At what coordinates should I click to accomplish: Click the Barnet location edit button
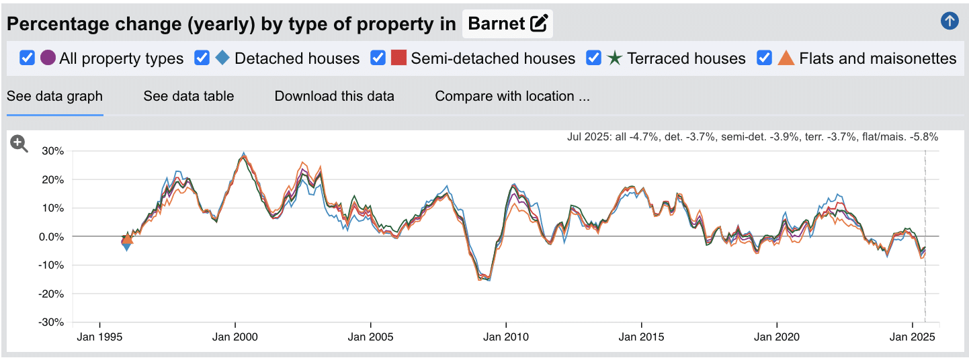(538, 24)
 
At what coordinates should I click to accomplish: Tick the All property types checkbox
(27, 58)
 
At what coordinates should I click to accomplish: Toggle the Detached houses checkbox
(202, 58)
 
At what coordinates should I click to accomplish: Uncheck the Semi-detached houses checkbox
(378, 58)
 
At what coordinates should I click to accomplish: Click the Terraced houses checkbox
(593, 58)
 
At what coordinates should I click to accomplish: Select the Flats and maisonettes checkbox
(764, 58)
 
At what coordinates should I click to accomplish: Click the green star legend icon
(614, 58)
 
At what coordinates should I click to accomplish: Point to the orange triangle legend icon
(786, 58)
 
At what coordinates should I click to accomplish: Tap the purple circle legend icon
(48, 58)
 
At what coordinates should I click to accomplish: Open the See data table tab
(189, 96)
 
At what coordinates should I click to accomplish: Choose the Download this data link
(334, 96)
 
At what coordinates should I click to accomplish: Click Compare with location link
(512, 96)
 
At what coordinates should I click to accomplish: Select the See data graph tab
(54, 96)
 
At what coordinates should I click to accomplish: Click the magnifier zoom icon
(19, 143)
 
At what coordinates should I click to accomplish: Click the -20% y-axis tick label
(51, 294)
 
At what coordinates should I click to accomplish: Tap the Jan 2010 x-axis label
(505, 336)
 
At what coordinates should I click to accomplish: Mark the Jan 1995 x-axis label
(99, 336)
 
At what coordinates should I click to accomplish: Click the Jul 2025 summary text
(753, 137)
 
